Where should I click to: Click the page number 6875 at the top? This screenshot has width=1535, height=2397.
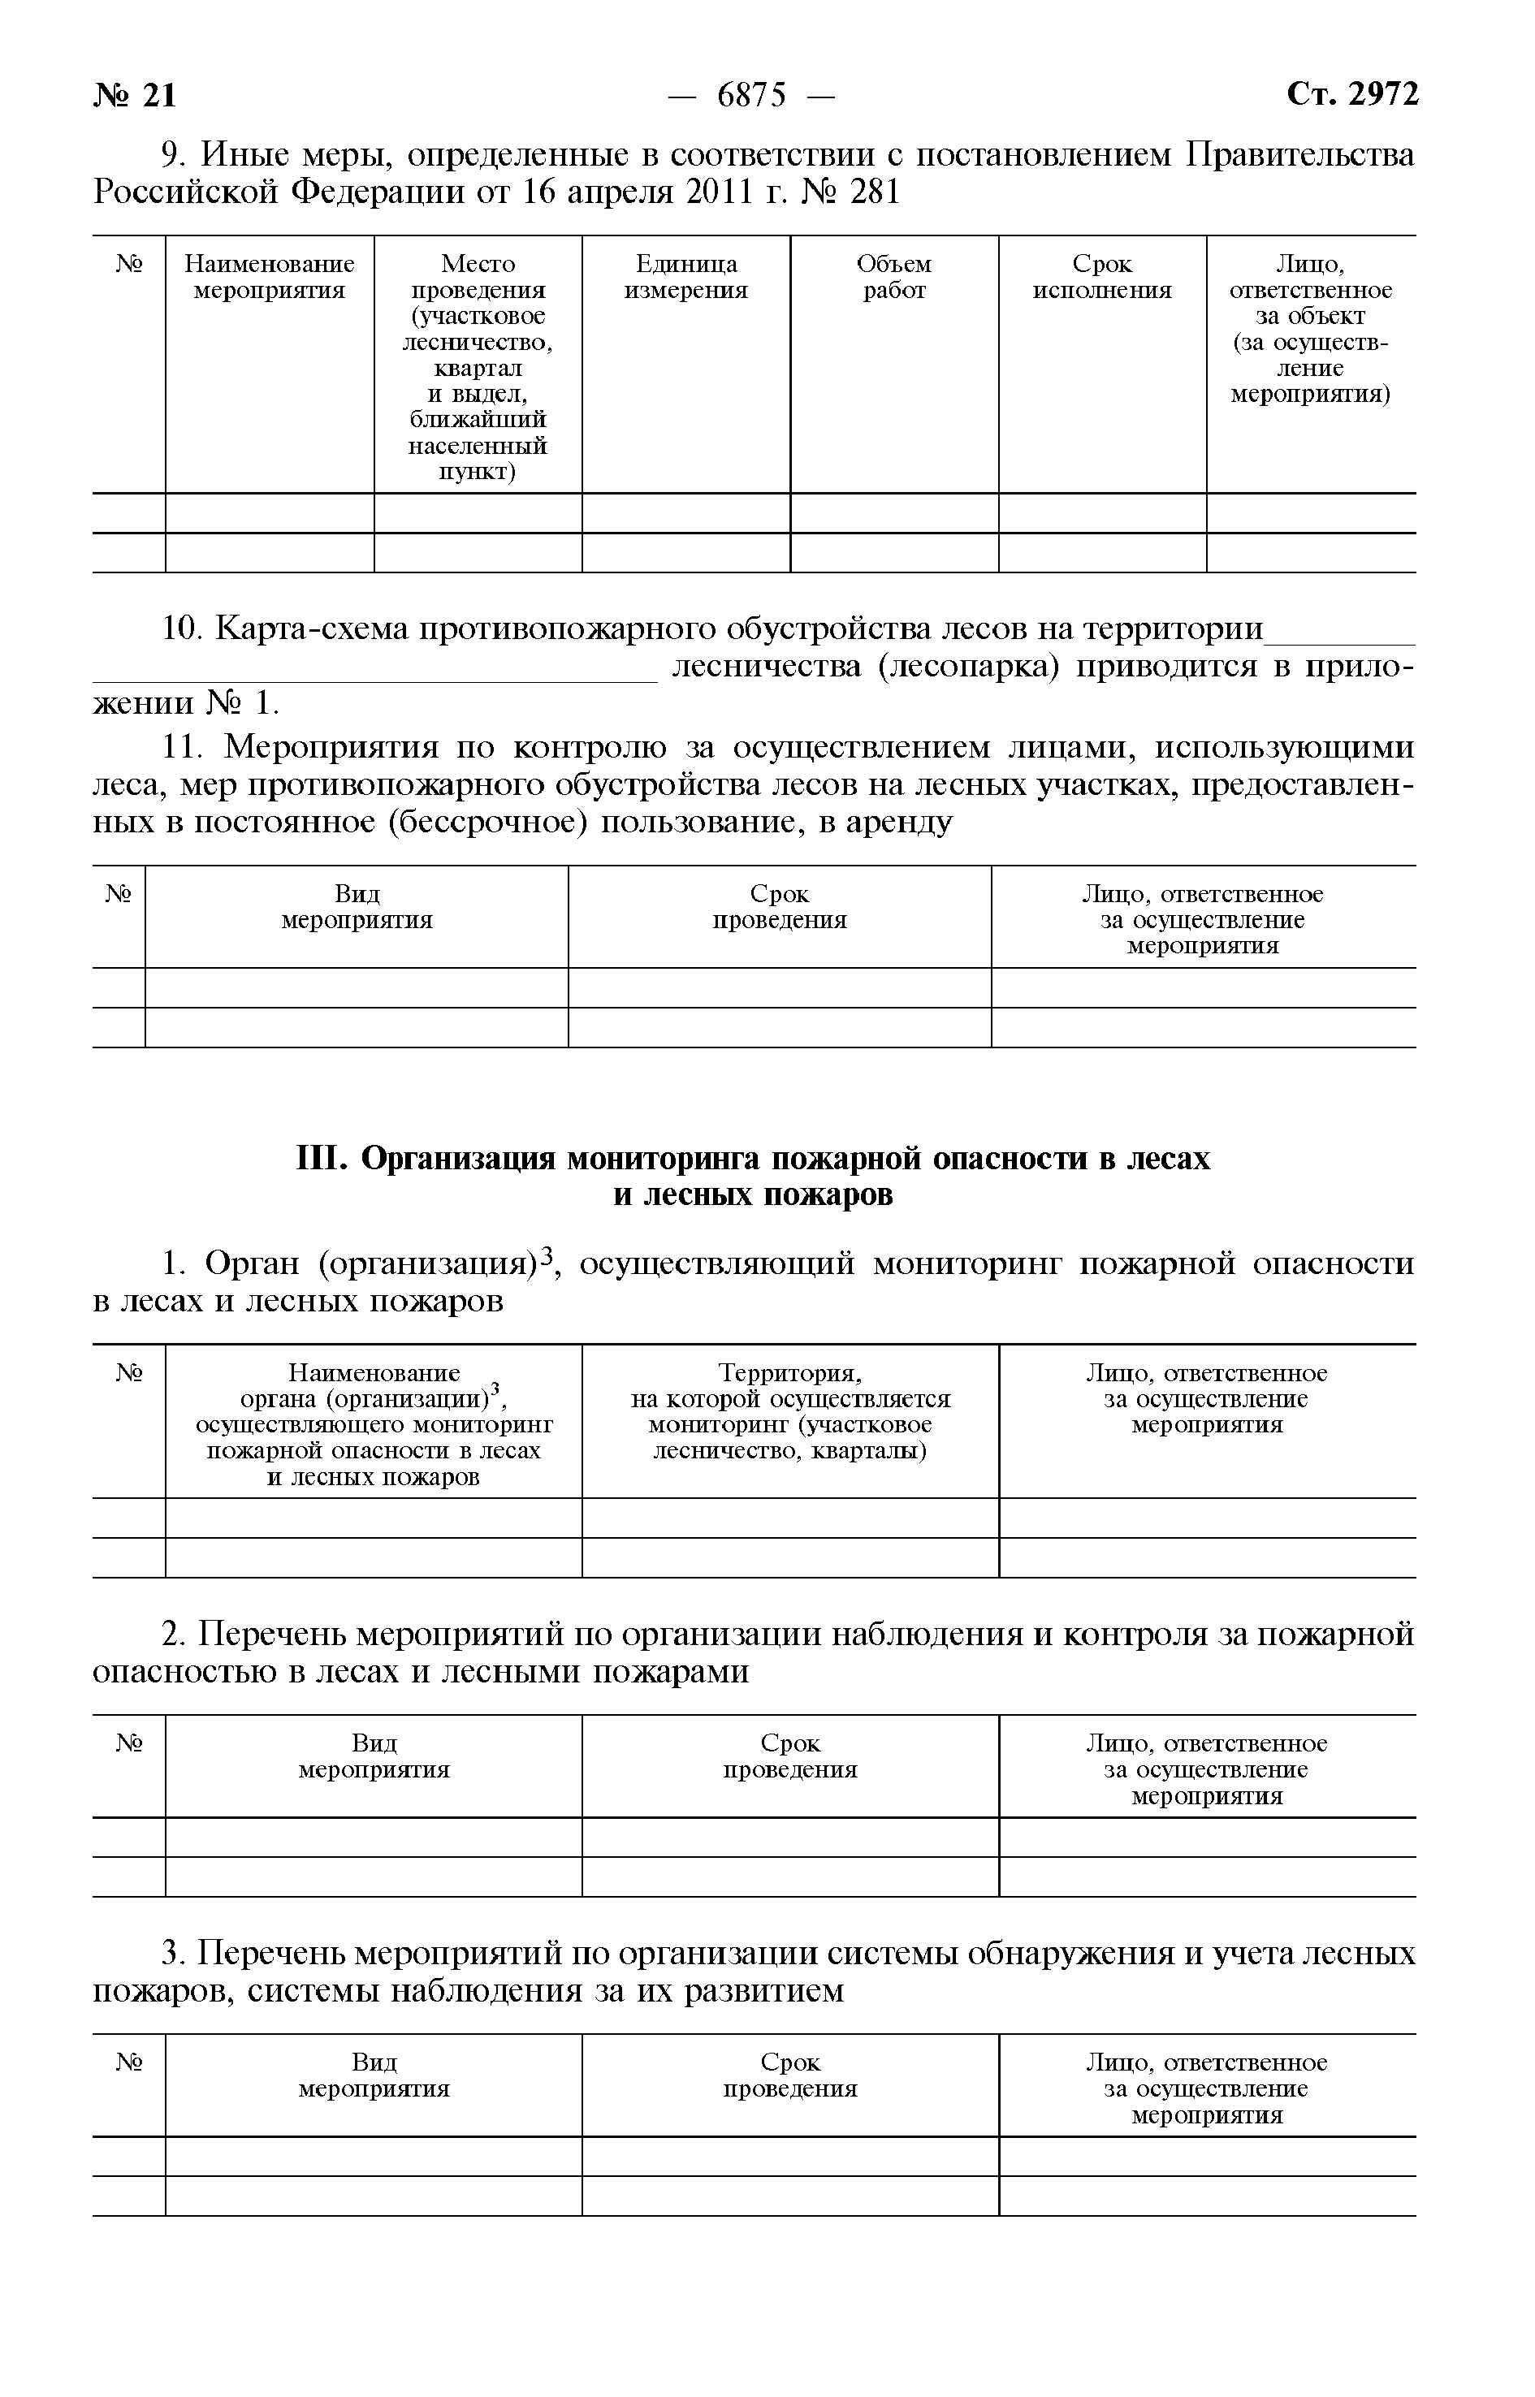pyautogui.click(x=751, y=96)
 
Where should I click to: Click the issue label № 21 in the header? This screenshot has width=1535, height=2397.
pyautogui.click(x=136, y=96)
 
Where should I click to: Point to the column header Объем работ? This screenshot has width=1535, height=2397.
pyautogui.click(x=894, y=277)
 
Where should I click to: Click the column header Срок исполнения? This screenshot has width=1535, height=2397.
pyautogui.click(x=1101, y=277)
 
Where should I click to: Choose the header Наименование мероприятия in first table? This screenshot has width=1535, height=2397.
pyautogui.click(x=269, y=277)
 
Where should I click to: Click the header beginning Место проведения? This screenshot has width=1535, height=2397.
pyautogui.click(x=478, y=277)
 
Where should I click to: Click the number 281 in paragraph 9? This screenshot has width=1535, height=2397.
pyautogui.click(x=874, y=192)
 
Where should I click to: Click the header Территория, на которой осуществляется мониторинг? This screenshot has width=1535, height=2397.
pyautogui.click(x=790, y=1412)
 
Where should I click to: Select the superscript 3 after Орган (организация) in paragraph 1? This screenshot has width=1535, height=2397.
pyautogui.click(x=545, y=1259)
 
